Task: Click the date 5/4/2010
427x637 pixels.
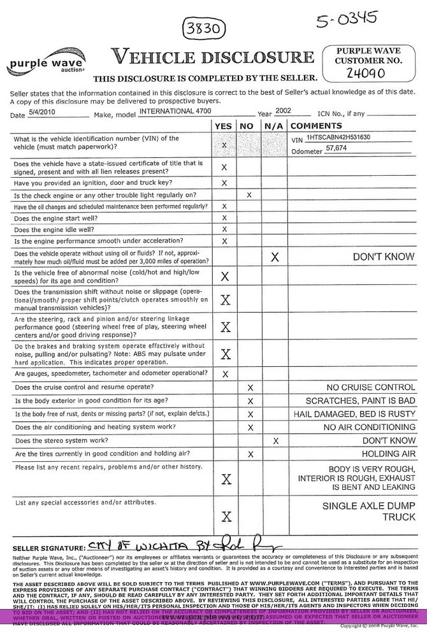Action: [x=42, y=112]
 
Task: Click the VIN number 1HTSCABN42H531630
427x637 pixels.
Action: [x=338, y=137]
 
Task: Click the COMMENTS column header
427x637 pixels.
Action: [x=317, y=125]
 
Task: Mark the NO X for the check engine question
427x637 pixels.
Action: [x=249, y=195]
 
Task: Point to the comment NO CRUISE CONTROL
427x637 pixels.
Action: [x=370, y=387]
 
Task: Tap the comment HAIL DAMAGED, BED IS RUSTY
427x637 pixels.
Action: [x=361, y=414]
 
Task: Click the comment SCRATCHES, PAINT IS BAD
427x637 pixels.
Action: [x=361, y=401]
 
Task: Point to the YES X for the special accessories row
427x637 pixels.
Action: [x=224, y=517]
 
